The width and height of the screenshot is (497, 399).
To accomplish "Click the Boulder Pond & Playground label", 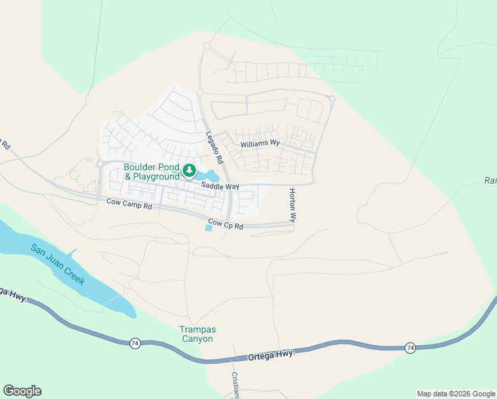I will pos(151,172).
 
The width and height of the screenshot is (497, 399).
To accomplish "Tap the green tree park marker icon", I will pos(189,172).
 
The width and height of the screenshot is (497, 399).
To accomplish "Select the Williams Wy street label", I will pos(260,144).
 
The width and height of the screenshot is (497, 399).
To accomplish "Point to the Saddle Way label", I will pos(220,187).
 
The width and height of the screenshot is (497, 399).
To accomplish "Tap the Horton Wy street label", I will pos(292,205).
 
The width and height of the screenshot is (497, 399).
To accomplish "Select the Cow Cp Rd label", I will pos(226,225).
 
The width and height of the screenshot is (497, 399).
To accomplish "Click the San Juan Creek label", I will pos(57,265).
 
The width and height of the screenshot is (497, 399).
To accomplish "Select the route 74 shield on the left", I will pos(135,342).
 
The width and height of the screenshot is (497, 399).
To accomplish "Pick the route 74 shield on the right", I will pos(410,348).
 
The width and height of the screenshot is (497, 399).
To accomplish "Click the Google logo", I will pos(22,391).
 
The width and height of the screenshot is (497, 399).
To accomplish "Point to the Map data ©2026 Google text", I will pos(455,394).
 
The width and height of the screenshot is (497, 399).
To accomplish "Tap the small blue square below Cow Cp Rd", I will pos(209,228).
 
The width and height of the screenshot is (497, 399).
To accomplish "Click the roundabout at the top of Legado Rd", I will pos(207,47).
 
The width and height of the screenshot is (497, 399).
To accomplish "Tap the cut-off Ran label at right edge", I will pos(490,181).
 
